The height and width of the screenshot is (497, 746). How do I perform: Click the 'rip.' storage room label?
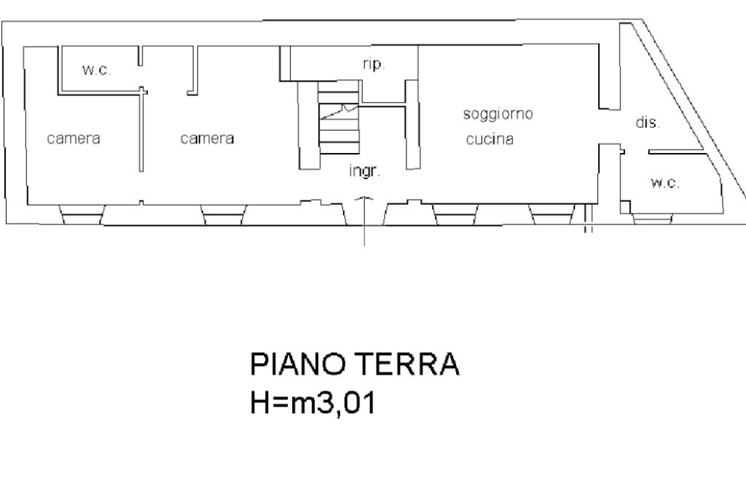click(x=374, y=64)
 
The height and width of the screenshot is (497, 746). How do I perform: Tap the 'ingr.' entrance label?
click(x=364, y=171)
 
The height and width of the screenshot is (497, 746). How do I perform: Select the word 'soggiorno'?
click(x=498, y=114)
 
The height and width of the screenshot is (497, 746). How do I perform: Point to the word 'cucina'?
click(x=490, y=139)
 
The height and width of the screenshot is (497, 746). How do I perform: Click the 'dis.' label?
click(x=648, y=122)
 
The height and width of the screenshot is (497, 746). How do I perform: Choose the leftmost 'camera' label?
click(x=74, y=138)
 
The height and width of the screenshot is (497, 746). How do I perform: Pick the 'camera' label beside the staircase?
click(x=207, y=138)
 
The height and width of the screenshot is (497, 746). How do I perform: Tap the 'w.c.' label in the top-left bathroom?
click(x=97, y=71)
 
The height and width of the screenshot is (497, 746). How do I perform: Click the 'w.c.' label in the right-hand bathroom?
click(x=665, y=183)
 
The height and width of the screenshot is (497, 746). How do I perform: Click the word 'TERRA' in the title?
click(x=408, y=364)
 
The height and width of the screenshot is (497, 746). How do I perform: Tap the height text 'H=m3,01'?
click(x=313, y=403)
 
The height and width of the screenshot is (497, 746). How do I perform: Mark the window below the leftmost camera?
click(x=82, y=215)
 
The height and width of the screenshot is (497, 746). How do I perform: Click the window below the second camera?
click(x=223, y=215)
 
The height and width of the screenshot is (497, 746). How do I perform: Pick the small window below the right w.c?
click(x=652, y=218)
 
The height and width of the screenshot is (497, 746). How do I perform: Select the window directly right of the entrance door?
click(x=455, y=215)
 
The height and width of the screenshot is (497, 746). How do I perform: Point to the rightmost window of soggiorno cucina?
click(x=552, y=215)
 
